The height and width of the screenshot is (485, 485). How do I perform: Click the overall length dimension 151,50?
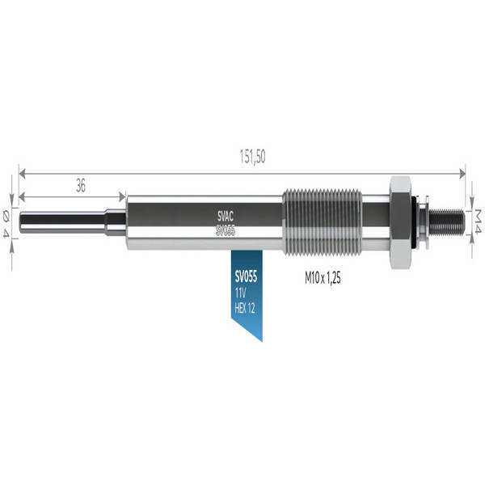point(253,157)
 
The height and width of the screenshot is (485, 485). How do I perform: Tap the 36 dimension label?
point(80,186)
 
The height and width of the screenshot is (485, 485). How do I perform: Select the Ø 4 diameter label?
point(6,222)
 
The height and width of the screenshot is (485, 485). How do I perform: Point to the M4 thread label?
point(479,221)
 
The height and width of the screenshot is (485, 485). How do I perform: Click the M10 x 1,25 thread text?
point(323,278)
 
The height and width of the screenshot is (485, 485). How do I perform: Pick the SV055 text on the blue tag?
point(246,276)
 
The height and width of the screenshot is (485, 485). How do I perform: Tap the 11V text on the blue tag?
point(240,293)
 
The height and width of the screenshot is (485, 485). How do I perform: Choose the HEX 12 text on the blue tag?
point(245,308)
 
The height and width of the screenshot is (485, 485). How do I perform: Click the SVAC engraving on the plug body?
point(226,217)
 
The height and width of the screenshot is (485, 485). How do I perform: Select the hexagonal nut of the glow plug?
point(401,222)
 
